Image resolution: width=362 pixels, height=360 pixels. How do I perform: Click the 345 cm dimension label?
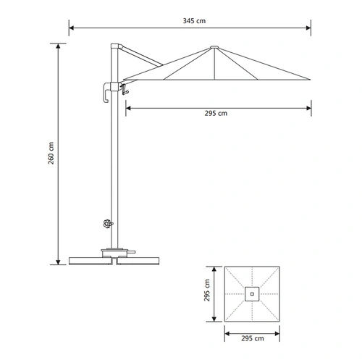pyautogui.click(x=194, y=21)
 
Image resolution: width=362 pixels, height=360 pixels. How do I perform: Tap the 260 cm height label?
pyautogui.click(x=51, y=153)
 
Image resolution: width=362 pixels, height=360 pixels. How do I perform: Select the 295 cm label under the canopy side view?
pyautogui.click(x=216, y=113)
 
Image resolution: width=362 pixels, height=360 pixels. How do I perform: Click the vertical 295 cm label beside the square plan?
pyautogui.click(x=207, y=290)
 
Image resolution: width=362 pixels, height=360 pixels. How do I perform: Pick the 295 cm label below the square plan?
pyautogui.click(x=253, y=338)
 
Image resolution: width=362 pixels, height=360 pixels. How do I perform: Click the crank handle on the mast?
pyautogui.click(x=125, y=89)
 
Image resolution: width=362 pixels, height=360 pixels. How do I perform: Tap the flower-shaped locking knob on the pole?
pyautogui.click(x=107, y=224)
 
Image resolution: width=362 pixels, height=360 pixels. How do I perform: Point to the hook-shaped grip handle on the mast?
pyautogui.click(x=106, y=92)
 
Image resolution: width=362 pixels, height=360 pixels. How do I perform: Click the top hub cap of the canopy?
pyautogui.click(x=214, y=47)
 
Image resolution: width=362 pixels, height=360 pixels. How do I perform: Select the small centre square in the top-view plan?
pyautogui.click(x=252, y=294)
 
